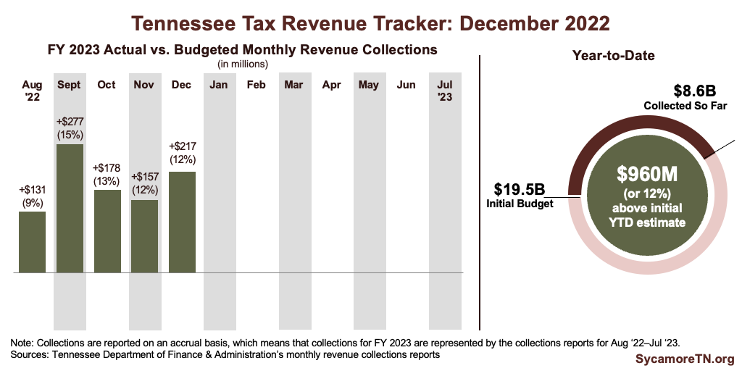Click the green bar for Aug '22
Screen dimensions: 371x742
tap(33, 242)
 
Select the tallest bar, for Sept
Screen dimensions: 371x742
tap(70, 209)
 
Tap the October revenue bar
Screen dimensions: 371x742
tap(107, 231)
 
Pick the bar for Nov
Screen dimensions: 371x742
tap(145, 236)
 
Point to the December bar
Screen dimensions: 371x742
tap(182, 222)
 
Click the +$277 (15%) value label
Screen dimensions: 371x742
tap(70, 127)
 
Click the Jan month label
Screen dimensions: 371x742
tap(219, 86)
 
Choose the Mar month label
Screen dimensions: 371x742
tap(293, 86)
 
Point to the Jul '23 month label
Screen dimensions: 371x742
tap(444, 91)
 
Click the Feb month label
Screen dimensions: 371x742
tap(256, 86)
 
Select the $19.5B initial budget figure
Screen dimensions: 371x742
tap(519, 189)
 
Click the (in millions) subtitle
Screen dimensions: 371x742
tap(243, 64)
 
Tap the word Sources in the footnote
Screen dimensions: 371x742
tap(30, 355)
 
